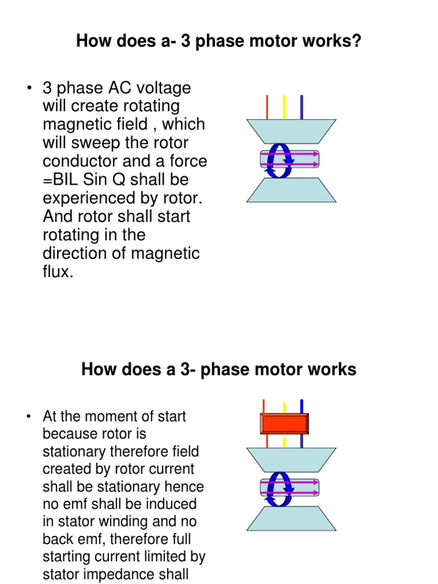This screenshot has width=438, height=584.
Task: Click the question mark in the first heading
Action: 356,42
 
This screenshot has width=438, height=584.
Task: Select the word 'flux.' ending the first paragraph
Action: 58,271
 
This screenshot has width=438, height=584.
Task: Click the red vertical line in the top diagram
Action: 267,107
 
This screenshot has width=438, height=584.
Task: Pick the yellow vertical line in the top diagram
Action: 284,107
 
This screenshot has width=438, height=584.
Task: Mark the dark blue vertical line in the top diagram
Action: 301,107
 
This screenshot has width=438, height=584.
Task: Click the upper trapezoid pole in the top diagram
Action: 291,131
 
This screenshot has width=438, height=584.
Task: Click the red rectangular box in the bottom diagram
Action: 285,424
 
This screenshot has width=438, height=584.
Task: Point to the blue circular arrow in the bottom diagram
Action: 281,488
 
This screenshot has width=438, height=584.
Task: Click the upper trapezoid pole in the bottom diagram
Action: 291,459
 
